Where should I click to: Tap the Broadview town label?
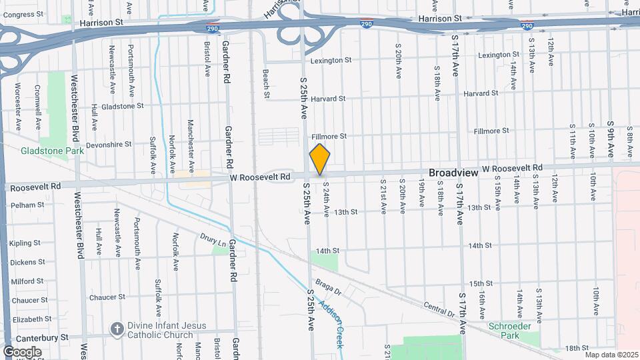pyautogui.click(x=453, y=173)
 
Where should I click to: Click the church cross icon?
pyautogui.click(x=117, y=329)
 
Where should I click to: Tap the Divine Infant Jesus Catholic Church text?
pyautogui.click(x=168, y=330)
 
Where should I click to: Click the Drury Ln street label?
pyautogui.click(x=213, y=239)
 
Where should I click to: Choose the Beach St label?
pyautogui.click(x=265, y=83)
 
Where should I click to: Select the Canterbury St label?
pyautogui.click(x=41, y=339)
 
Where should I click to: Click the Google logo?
pyautogui.click(x=21, y=351)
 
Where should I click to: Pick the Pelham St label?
pyautogui.click(x=27, y=205)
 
